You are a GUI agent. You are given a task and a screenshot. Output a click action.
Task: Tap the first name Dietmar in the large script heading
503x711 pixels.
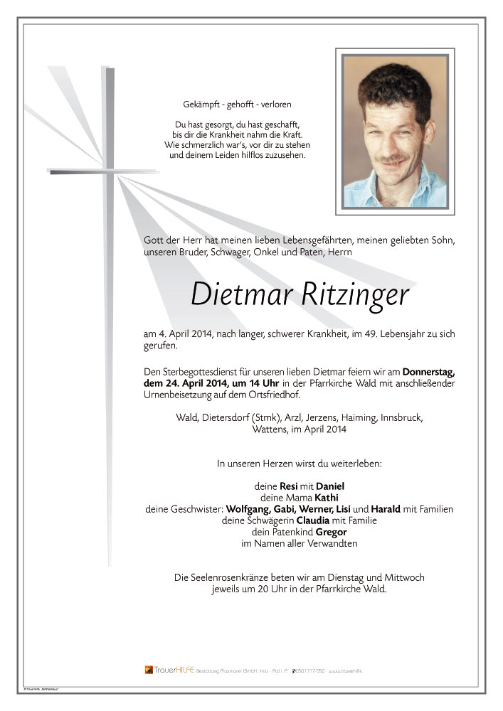(x=239, y=293)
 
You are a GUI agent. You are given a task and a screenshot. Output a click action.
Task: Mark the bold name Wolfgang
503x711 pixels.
(x=253, y=509)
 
